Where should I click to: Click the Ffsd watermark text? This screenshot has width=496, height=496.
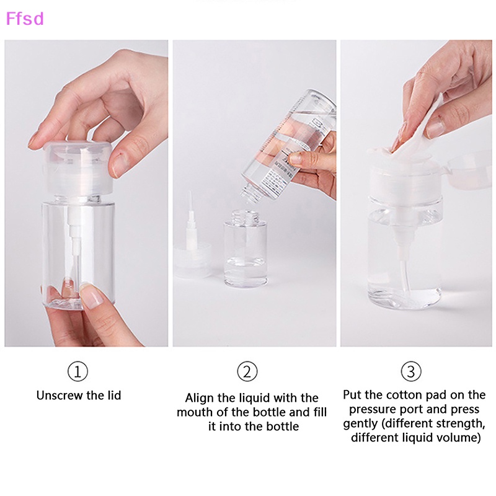point(25,19)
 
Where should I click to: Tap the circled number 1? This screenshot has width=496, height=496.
point(77,372)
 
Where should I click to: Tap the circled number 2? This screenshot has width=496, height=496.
point(247,372)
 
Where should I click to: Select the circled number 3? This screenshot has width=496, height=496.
point(411,372)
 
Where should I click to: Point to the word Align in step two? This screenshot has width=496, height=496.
point(199,398)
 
